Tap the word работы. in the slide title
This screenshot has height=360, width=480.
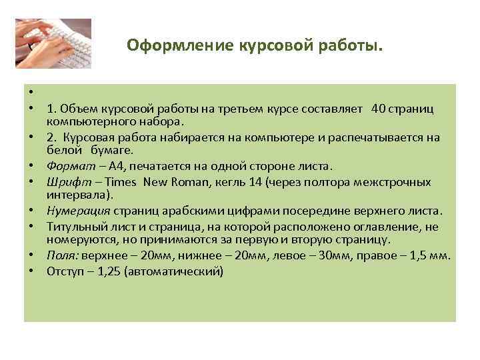pyautogui.click(x=355, y=46)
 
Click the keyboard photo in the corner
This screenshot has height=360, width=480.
pyautogui.click(x=53, y=43)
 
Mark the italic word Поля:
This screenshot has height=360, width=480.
pyautogui.click(x=61, y=255)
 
